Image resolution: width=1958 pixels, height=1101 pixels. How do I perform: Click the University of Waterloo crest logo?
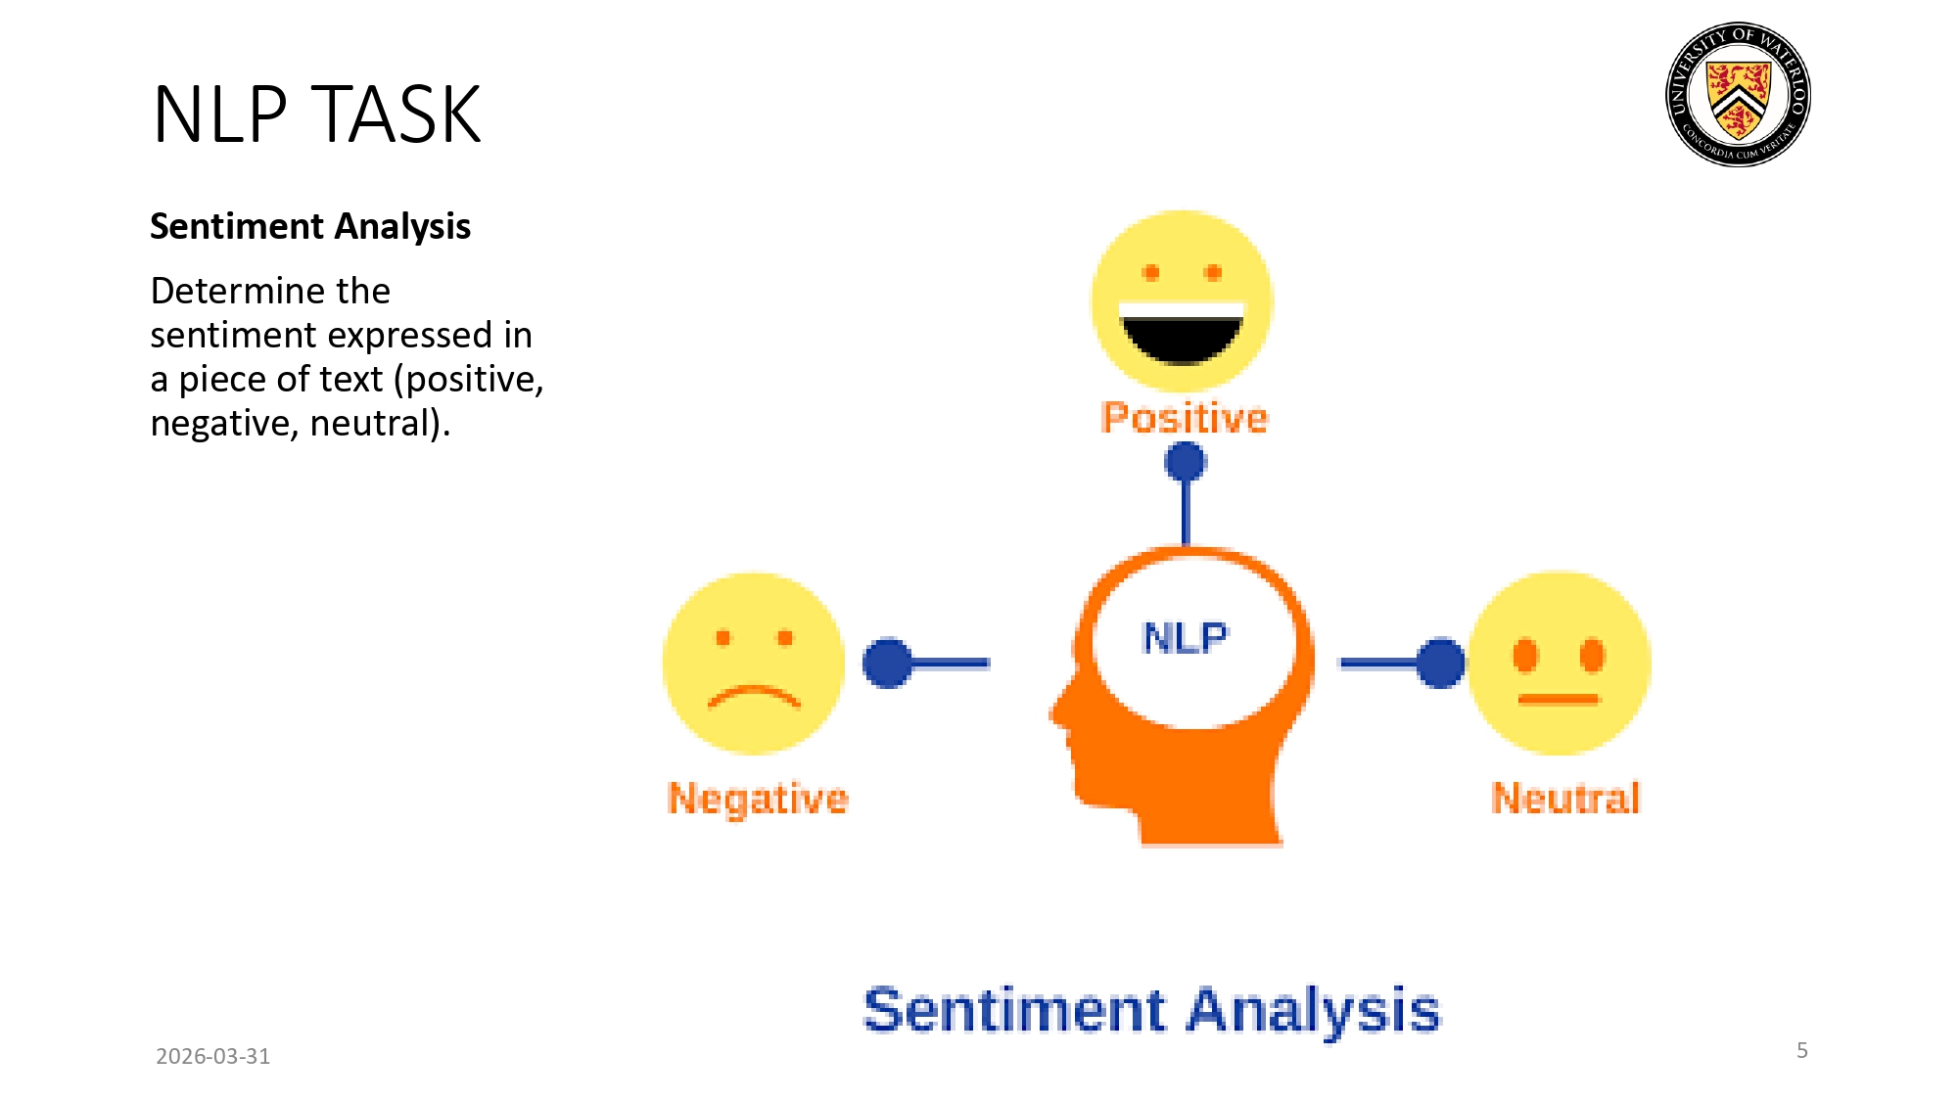(1738, 94)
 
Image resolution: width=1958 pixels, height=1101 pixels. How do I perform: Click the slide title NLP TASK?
(316, 115)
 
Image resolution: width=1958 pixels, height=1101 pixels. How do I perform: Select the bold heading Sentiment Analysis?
(309, 226)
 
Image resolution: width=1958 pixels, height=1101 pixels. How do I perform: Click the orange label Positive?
(1185, 418)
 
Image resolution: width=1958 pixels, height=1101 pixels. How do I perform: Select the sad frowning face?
(753, 664)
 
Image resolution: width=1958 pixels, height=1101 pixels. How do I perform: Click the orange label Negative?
(757, 799)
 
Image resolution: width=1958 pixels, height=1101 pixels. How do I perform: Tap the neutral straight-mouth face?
(1560, 664)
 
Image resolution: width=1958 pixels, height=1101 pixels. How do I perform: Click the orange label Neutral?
(1564, 799)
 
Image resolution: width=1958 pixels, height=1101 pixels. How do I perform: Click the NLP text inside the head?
(1185, 638)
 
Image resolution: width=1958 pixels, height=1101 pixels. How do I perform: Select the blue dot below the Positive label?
(1185, 462)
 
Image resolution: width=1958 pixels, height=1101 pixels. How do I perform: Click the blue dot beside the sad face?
(887, 664)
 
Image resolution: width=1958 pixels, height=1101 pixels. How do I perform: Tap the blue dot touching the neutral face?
(1440, 664)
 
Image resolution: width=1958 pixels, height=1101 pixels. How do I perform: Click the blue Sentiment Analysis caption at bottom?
(1151, 1010)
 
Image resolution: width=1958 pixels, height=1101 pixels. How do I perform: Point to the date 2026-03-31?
(212, 1056)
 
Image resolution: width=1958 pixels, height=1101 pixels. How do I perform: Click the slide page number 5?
(1801, 1050)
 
